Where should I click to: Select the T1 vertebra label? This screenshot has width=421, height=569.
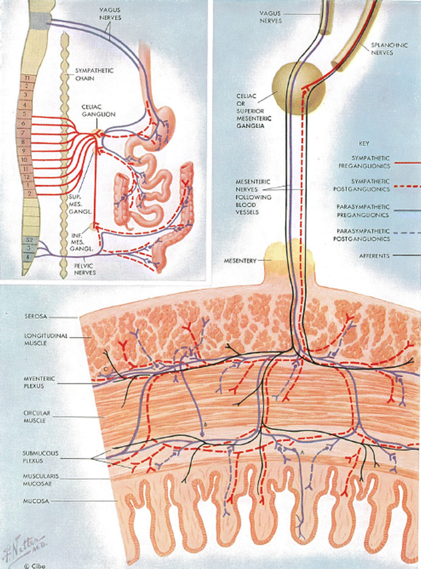(x=26, y=78)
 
